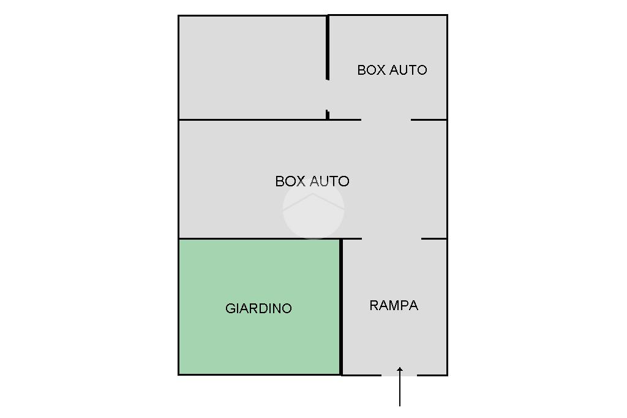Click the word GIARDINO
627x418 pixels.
258,308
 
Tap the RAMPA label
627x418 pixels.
394,305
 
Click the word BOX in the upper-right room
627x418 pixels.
370,70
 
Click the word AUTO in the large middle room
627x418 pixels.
329,181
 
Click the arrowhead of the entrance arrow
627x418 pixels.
400,370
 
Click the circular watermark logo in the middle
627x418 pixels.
313,209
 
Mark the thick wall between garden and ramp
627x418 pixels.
341,306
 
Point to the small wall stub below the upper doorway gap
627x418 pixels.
328,115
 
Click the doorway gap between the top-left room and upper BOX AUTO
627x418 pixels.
328,95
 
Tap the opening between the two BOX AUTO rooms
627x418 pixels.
386,120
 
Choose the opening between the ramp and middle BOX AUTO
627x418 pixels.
391,238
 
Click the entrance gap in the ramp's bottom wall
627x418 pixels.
399,374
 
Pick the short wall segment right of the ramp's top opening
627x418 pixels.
434,238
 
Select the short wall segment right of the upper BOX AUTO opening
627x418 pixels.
429,120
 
